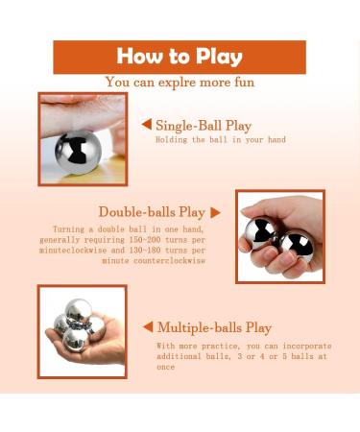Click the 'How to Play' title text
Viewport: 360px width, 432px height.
pyautogui.click(x=180, y=57)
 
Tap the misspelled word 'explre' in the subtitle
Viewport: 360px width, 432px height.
pyautogui.click(x=177, y=83)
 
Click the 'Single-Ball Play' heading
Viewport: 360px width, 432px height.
pyautogui.click(x=204, y=125)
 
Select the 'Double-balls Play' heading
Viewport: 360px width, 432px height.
pyautogui.click(x=152, y=212)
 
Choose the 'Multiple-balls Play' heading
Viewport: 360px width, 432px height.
pyautogui.click(x=214, y=327)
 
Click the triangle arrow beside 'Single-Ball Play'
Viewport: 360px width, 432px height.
pyautogui.click(x=147, y=124)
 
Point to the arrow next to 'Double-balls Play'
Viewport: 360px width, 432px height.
pyautogui.click(x=215, y=213)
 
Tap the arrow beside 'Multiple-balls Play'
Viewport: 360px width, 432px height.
pyautogui.click(x=148, y=327)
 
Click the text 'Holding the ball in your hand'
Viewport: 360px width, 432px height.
pyautogui.click(x=221, y=140)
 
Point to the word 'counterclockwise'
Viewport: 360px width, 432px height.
pyautogui.click(x=169, y=260)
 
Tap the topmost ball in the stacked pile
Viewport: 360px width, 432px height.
pyautogui.click(x=79, y=311)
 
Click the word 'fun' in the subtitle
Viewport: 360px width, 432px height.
pyautogui.click(x=245, y=83)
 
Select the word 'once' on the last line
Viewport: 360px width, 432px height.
pyautogui.click(x=165, y=367)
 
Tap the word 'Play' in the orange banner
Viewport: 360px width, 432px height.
pyautogui.click(x=219, y=58)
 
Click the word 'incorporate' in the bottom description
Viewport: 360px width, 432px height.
pyautogui.click(x=307, y=346)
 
